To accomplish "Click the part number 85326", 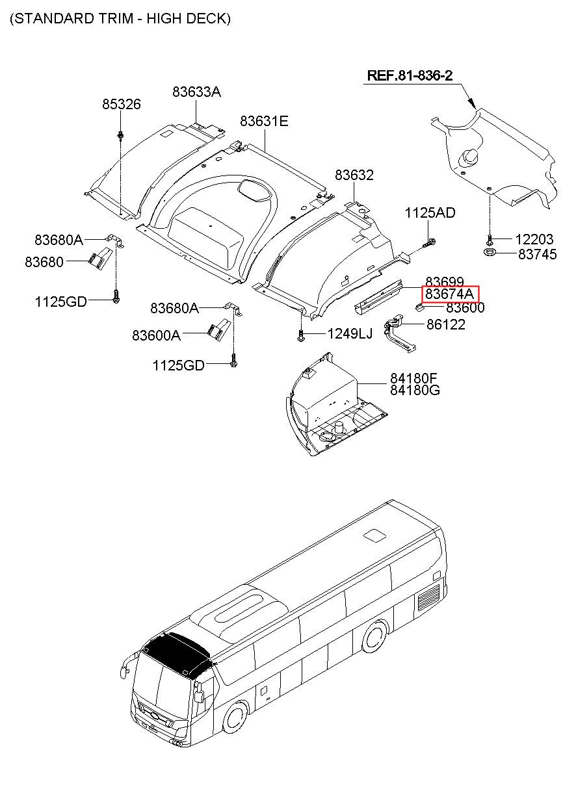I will (x=121, y=105).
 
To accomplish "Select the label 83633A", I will (x=196, y=92).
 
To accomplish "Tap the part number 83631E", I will (x=264, y=121).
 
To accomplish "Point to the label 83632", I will (x=354, y=175).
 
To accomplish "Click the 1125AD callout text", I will (x=430, y=213).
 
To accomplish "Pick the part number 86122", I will (x=445, y=325).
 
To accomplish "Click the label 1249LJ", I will (x=350, y=334).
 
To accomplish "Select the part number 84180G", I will (x=415, y=390).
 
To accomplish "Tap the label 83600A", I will (x=156, y=335).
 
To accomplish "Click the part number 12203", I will (x=534, y=240).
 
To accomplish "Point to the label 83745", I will (x=537, y=255).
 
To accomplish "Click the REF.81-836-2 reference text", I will (x=410, y=75).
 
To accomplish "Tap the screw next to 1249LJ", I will (x=302, y=335).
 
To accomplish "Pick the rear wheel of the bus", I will (x=375, y=637).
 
